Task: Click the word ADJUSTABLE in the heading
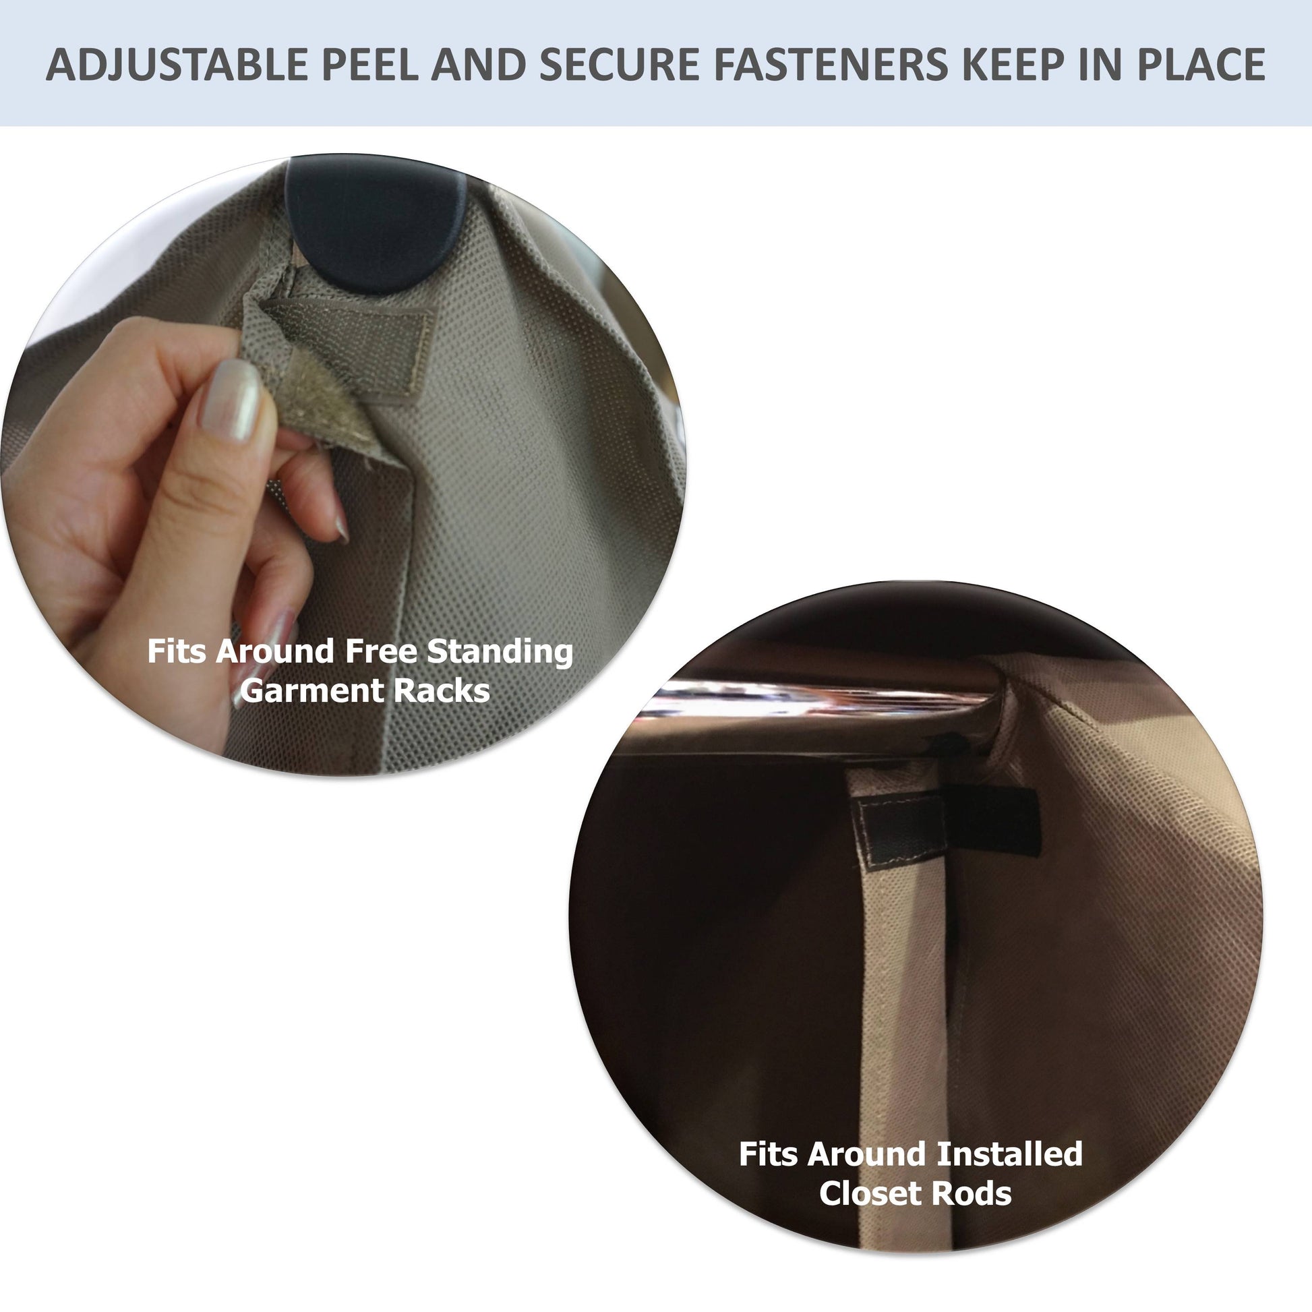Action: [x=177, y=65]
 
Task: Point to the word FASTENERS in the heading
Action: [x=830, y=65]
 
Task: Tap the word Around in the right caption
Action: [x=872, y=1154]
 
